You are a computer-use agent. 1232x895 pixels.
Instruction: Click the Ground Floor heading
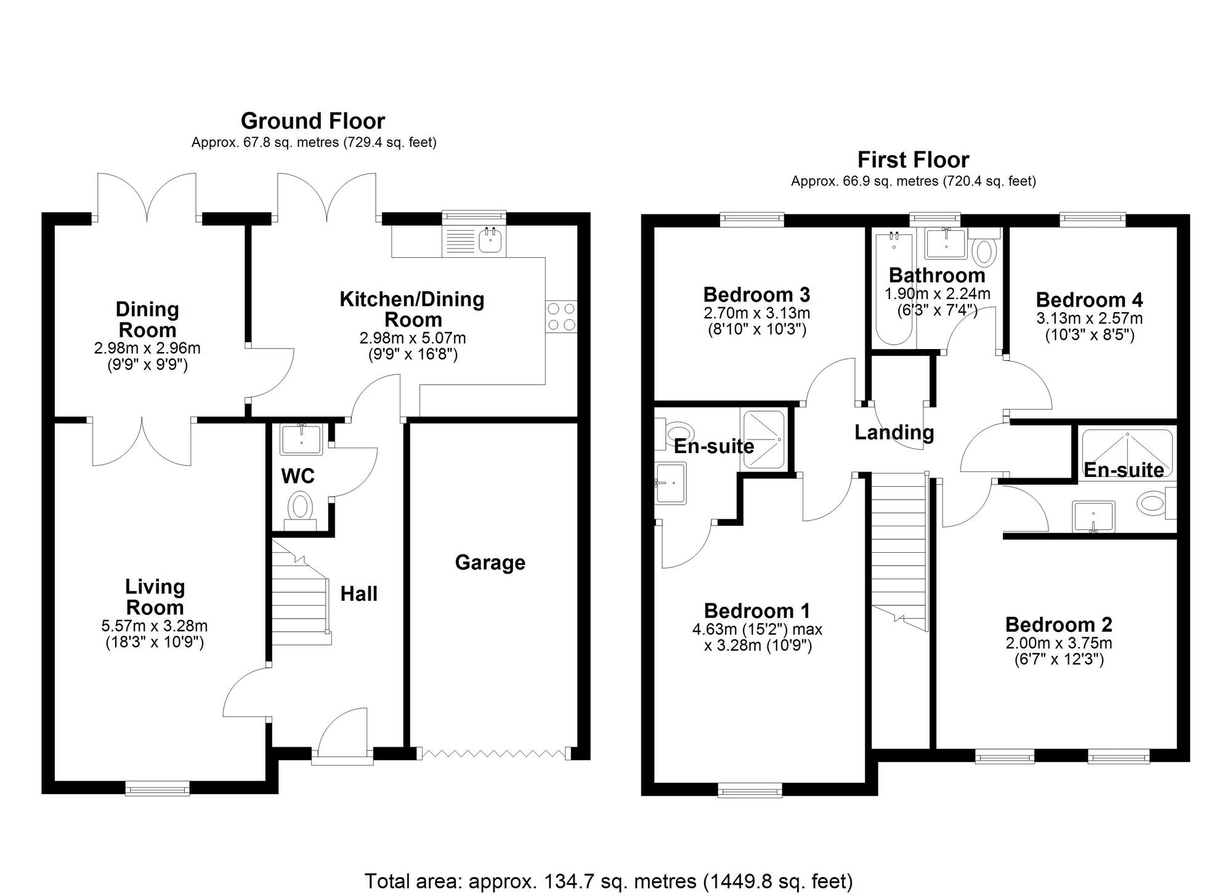tap(313, 121)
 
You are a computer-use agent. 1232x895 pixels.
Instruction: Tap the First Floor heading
tap(913, 160)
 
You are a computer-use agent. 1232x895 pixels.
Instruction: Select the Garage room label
tap(490, 563)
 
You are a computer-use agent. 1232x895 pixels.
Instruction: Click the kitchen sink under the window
tap(491, 241)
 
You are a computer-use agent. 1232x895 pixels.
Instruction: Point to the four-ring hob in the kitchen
tap(561, 316)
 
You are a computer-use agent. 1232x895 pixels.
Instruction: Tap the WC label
tap(298, 476)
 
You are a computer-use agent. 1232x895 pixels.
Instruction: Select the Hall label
tap(359, 594)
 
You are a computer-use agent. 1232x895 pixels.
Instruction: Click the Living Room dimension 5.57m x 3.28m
tap(154, 627)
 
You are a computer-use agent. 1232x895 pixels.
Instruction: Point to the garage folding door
tap(493, 753)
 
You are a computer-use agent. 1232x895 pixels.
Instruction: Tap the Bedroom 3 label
tap(756, 294)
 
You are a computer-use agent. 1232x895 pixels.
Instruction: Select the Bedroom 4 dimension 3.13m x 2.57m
tap(1089, 319)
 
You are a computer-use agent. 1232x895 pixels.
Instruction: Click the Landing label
tap(894, 433)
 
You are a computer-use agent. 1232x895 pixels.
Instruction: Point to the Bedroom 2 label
tap(1058, 625)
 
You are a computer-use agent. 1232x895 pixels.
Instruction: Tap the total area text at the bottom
tap(609, 881)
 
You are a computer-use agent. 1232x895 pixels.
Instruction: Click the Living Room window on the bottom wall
tap(157, 789)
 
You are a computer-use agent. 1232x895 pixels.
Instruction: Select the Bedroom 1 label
tap(757, 611)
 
